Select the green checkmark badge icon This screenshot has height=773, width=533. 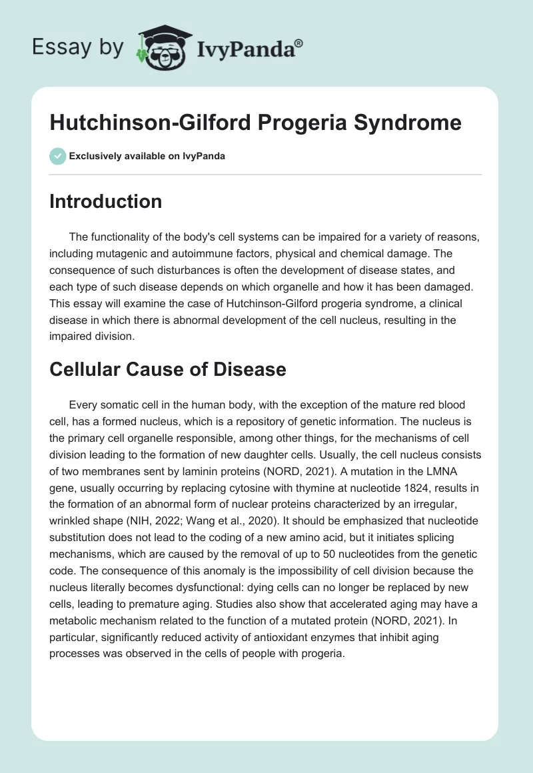[x=57, y=156]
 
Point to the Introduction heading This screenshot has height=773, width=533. [x=105, y=201]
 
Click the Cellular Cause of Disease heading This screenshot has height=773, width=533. [x=168, y=369]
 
